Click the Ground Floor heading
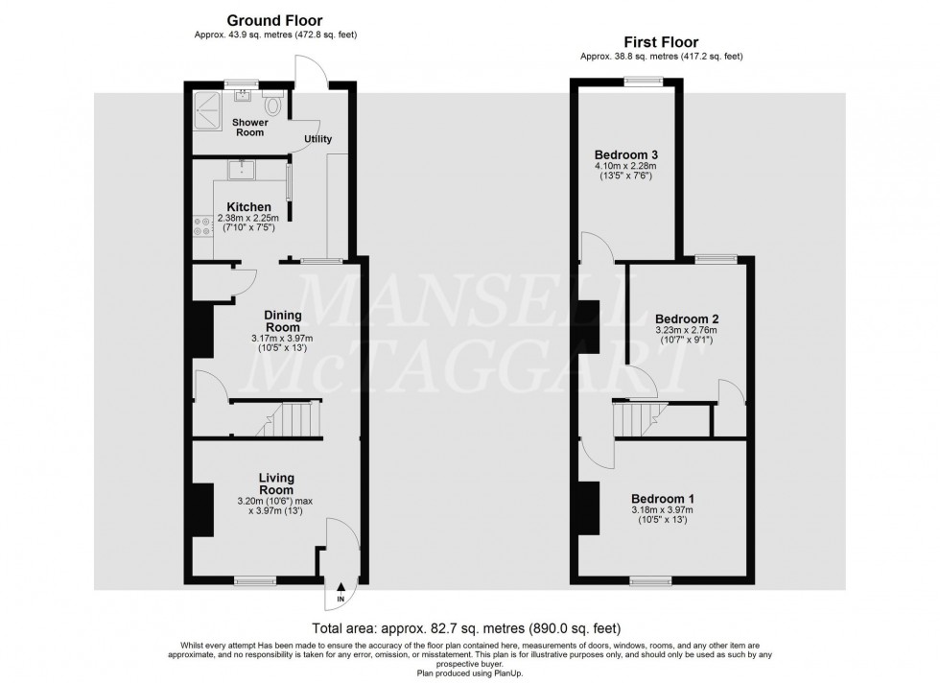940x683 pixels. coord(273,20)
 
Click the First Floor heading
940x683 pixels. coord(661,42)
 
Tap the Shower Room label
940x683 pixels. coord(249,128)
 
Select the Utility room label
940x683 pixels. coord(318,139)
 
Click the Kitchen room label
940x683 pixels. coord(248,207)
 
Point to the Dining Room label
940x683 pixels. coord(283,321)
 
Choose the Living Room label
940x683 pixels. coord(276,483)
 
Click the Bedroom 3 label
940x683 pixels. coord(625,154)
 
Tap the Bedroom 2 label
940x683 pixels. coord(687,318)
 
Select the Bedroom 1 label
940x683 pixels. coord(663,499)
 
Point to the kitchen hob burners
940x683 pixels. coord(201,225)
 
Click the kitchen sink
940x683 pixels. coord(241,171)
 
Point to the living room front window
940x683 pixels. coord(254,579)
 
